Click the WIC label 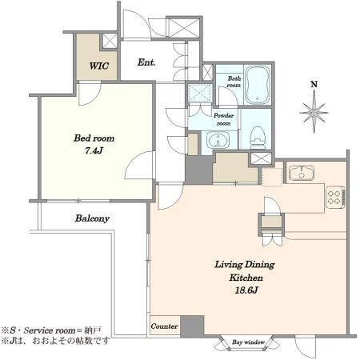pos(99,66)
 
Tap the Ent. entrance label pos(146,62)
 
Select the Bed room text pos(94,138)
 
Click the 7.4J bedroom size pos(94,150)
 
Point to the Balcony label pos(92,218)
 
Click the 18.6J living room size pos(246,290)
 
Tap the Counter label pos(164,326)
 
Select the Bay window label pos(248,342)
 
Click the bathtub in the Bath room pos(256,85)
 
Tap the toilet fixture pos(258,138)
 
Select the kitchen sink pos(302,174)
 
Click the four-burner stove pos(335,197)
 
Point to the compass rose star pos(314,112)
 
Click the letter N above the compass pos(314,85)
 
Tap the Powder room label pos(223,119)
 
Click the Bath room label pos(234,82)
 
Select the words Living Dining pos(245,265)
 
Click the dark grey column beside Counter pos(192,326)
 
